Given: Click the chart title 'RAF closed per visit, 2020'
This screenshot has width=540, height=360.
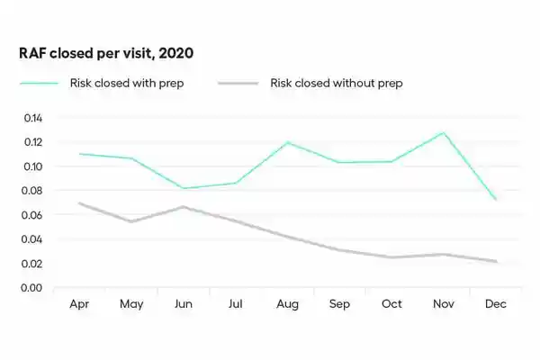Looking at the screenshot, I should pos(106,53).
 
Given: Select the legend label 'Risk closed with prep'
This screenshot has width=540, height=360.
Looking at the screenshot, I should pos(127,83).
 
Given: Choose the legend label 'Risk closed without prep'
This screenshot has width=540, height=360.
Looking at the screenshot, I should pos(336,83).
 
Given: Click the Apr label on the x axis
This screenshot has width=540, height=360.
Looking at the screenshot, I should pos(80,304).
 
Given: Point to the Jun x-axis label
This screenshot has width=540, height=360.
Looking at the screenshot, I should pos(184,304).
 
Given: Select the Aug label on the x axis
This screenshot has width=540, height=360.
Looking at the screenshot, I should pos(287,304).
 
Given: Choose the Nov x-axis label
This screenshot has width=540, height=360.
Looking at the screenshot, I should pos(443,304).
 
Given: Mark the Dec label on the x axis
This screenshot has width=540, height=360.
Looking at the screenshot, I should pos(495,304).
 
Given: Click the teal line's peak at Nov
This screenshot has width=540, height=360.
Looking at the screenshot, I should pos(443,133).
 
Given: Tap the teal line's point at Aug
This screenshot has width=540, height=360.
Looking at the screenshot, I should pos(288,142).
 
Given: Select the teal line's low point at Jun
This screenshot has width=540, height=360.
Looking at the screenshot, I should pos(184,188).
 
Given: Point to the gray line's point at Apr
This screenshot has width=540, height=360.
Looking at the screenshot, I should pos(80,203).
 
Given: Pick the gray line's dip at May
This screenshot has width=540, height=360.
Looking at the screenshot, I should pos(131,221).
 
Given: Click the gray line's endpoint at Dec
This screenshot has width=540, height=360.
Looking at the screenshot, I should pos(495,262).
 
